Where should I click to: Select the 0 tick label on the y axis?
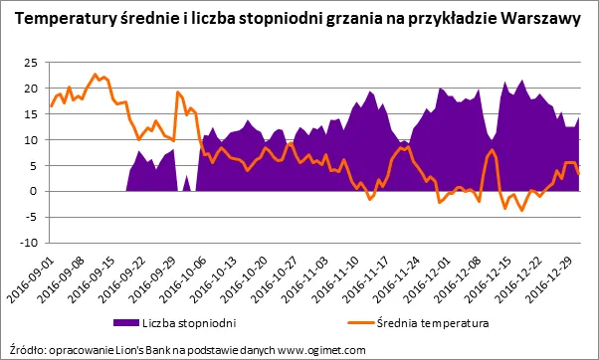33,191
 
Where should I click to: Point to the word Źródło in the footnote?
26,349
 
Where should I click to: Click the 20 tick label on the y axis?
29,89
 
